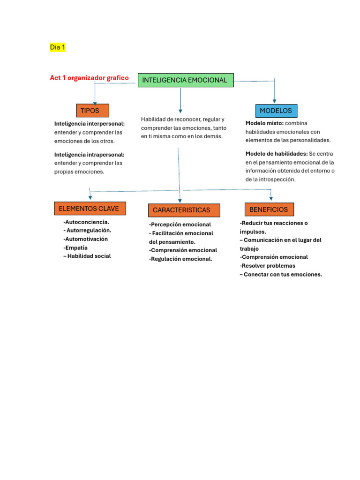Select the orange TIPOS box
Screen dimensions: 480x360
click(92, 111)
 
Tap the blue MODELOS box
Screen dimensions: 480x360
click(276, 111)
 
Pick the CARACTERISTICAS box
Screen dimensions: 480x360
click(184, 210)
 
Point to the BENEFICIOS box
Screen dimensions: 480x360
click(269, 209)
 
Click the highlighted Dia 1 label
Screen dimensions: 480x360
click(58, 47)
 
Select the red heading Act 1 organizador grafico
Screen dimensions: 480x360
click(89, 78)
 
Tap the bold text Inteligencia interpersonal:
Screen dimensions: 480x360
click(90, 124)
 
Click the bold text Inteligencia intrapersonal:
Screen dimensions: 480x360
click(90, 154)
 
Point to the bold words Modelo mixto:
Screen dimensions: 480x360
click(264, 123)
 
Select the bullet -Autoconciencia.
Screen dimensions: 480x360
click(86, 222)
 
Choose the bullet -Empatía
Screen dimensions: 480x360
click(75, 247)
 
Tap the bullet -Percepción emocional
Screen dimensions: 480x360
click(180, 225)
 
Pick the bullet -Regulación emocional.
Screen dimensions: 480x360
click(180, 259)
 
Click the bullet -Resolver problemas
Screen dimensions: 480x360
click(267, 266)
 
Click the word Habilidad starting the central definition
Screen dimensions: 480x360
click(153, 120)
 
